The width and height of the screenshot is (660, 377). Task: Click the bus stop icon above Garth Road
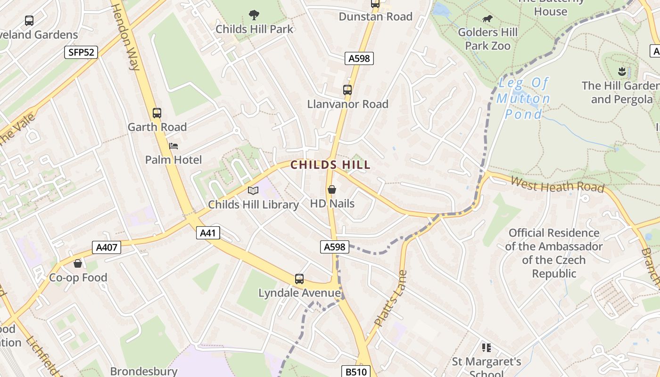(157, 113)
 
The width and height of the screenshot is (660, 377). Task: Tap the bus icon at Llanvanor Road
(347, 90)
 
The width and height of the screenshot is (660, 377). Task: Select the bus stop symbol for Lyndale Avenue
(299, 279)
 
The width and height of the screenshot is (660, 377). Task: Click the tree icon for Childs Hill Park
(254, 15)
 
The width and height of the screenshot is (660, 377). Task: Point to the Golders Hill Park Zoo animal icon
(487, 19)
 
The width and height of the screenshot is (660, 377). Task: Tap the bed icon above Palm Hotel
(173, 146)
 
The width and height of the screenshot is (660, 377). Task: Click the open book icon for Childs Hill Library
(253, 190)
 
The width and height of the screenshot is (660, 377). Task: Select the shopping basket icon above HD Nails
(332, 189)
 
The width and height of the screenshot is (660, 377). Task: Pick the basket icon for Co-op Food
(78, 263)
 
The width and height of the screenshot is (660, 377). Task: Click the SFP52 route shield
(81, 52)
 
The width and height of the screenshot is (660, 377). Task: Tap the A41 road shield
(208, 233)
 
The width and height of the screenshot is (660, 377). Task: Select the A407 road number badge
(107, 247)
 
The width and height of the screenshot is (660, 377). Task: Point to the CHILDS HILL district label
(330, 165)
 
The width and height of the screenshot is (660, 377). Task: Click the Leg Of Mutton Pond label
(523, 98)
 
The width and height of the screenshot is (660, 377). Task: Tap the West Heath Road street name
(557, 184)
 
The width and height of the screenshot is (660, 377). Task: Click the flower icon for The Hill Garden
(621, 72)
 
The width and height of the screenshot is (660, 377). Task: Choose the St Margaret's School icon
(487, 348)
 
